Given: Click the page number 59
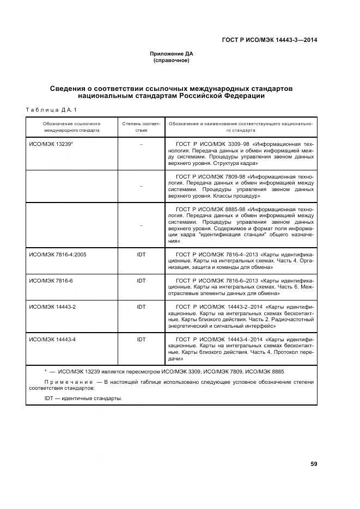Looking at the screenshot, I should click(314, 464).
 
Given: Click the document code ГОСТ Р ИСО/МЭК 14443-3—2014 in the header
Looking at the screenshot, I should click(270, 40).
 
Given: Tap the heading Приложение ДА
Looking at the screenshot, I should click(172, 53).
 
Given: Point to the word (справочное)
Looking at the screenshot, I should click(172, 60).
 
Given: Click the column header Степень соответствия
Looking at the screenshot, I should click(142, 127).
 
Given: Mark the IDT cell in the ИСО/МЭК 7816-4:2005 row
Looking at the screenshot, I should click(142, 254).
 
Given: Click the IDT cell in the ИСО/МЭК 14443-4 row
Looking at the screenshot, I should click(142, 340).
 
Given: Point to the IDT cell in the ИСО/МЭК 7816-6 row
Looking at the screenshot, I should click(142, 280).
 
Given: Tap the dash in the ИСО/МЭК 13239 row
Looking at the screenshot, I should click(142, 144).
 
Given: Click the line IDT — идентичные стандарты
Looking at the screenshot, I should click(83, 398).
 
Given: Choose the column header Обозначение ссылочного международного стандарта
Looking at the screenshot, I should click(72, 127).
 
